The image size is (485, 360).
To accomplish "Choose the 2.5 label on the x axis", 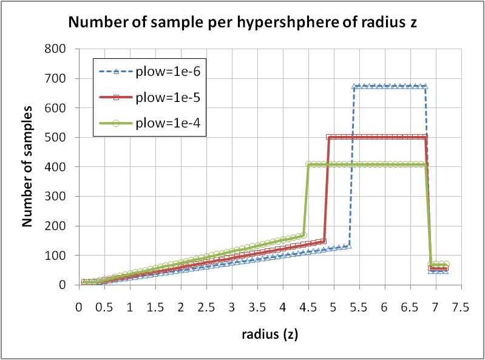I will pos(206,308).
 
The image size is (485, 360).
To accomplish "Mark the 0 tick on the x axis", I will pos(79,308).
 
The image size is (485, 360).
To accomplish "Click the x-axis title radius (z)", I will pos(270,333).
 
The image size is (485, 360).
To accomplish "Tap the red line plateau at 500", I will pos(376,137).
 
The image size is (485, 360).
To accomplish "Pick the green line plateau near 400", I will pos(364,164).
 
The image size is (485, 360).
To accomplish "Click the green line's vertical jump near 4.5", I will pos(307,200).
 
